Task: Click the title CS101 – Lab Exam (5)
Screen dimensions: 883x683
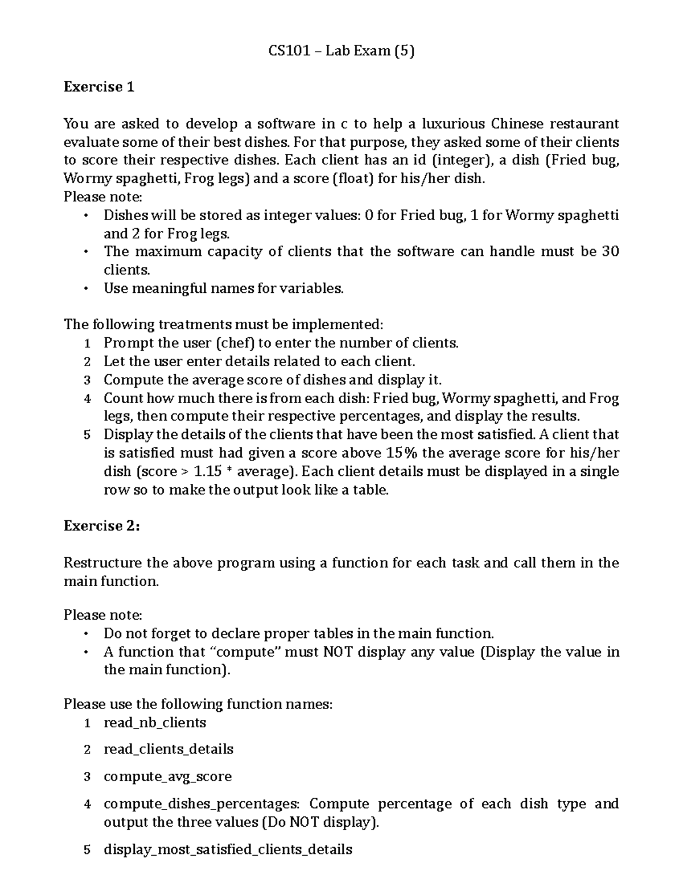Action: pyautogui.click(x=341, y=51)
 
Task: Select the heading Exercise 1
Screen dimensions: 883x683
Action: pyautogui.click(x=99, y=87)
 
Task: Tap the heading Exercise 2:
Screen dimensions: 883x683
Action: pyautogui.click(x=101, y=526)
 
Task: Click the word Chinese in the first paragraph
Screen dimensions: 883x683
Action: pyautogui.click(x=517, y=124)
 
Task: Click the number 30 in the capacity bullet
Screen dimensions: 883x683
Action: pyautogui.click(x=610, y=251)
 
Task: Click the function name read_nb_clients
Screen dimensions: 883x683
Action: pyautogui.click(x=155, y=723)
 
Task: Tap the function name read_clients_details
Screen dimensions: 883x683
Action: pyautogui.click(x=168, y=749)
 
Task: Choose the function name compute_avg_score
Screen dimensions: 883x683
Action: pyautogui.click(x=167, y=777)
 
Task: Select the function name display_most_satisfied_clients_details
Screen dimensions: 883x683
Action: pyautogui.click(x=228, y=849)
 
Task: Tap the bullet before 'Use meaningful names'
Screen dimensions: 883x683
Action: pyautogui.click(x=86, y=288)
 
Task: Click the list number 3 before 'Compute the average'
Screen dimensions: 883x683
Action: pyautogui.click(x=87, y=380)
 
